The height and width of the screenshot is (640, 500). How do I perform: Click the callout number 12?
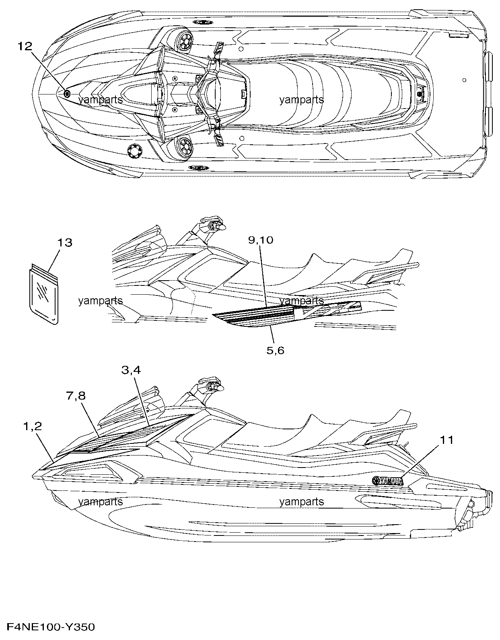(x=25, y=46)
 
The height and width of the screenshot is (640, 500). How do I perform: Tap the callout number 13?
(x=64, y=243)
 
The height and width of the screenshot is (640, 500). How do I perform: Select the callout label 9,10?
(x=261, y=240)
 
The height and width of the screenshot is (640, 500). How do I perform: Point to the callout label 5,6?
(x=276, y=351)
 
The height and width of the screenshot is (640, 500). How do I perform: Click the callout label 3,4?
(x=131, y=370)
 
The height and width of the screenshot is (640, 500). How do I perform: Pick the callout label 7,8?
(x=76, y=396)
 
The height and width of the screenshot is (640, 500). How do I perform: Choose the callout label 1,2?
(x=33, y=426)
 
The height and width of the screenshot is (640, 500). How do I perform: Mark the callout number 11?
(x=447, y=440)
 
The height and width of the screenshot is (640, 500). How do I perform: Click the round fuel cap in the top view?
(x=135, y=151)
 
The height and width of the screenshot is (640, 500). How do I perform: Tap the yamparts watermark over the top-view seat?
(x=301, y=100)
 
